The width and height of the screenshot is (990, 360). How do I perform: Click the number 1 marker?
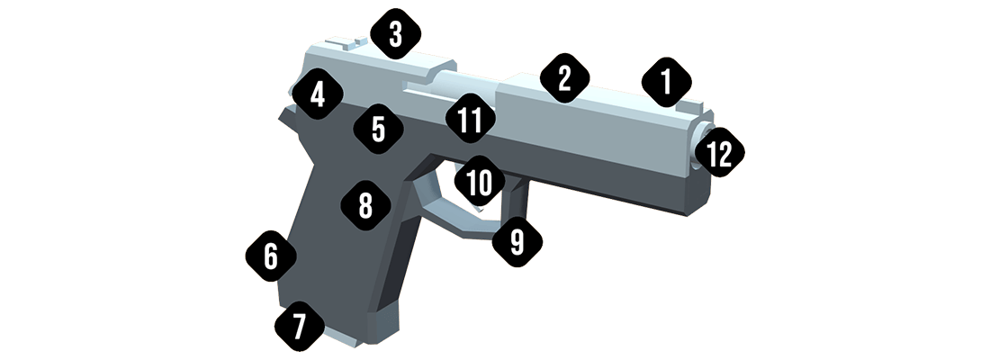[x=665, y=83]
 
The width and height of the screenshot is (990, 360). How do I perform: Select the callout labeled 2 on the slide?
[x=564, y=78]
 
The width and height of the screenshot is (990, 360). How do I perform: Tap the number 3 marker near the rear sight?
[x=394, y=36]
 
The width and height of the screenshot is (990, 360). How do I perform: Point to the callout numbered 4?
[x=317, y=95]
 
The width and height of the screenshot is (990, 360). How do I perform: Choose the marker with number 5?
[x=378, y=129]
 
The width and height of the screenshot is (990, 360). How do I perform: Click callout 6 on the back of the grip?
[x=271, y=257]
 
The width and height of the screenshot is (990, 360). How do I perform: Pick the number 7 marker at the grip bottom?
[x=299, y=324]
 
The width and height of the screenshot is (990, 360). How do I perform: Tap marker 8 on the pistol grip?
[x=365, y=206]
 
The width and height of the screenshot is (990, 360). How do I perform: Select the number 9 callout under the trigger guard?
[x=517, y=242]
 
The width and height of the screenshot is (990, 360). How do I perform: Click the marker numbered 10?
[x=479, y=183]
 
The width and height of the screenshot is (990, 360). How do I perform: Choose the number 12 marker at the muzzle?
[x=719, y=154]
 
